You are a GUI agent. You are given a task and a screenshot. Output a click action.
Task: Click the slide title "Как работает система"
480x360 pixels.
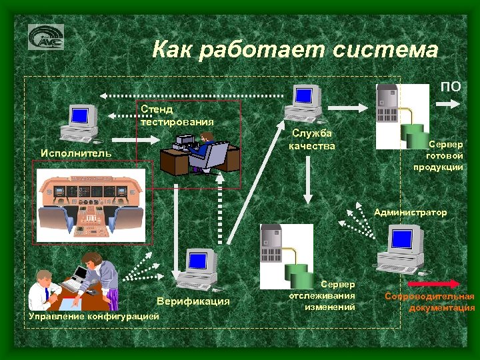295,50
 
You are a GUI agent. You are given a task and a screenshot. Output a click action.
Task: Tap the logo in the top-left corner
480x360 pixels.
46,37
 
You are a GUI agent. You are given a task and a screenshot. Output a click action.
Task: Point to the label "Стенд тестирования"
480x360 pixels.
177,115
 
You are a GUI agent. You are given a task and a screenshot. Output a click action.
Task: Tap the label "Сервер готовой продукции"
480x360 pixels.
445,155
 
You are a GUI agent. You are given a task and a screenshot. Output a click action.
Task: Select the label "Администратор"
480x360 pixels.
411,213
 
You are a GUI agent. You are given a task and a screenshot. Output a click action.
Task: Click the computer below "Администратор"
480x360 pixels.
401,248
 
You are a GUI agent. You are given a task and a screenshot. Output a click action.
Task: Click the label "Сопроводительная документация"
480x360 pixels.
430,301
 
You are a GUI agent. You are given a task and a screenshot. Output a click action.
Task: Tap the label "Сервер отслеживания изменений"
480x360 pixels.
323,295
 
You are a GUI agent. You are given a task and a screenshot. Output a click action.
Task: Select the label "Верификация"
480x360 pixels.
193,301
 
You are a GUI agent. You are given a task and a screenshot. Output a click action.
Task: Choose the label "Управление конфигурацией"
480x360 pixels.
95,315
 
